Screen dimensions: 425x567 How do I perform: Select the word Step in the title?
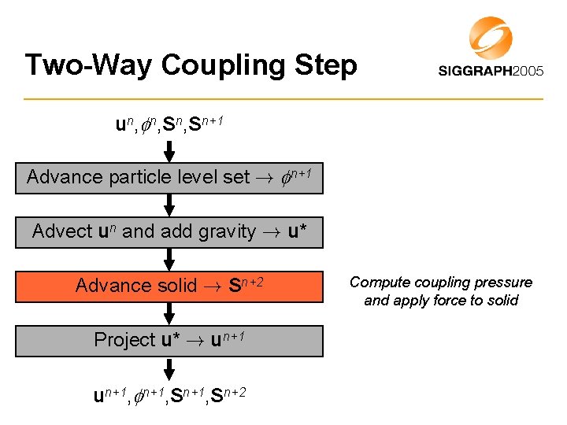[326, 65]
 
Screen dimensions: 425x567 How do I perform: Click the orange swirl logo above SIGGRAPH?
[490, 37]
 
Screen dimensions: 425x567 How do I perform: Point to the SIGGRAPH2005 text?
[491, 71]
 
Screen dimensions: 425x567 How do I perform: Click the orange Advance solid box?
[169, 286]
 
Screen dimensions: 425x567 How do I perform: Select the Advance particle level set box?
[169, 177]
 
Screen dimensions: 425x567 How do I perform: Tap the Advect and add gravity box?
[169, 231]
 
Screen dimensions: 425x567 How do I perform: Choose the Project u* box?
[169, 340]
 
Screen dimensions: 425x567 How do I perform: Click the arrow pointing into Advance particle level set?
[169, 150]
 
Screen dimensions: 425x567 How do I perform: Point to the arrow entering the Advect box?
[169, 205]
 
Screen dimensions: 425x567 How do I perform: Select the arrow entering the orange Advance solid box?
[169, 259]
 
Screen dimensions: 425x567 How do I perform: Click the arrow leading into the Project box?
[169, 313]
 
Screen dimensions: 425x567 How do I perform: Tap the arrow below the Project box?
[169, 368]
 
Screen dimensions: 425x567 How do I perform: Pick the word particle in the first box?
[121, 177]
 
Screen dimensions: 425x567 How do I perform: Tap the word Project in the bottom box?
[124, 340]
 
